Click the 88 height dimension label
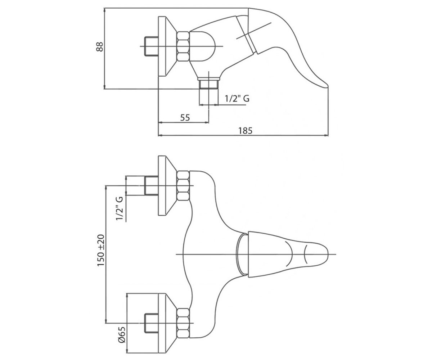coord(99,47)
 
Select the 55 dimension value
coord(185,117)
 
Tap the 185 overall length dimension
coord(246,131)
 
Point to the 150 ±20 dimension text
coord(101,250)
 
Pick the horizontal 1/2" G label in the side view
coord(237,99)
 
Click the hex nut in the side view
coord(183,46)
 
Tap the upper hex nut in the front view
coord(183,186)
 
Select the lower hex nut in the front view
coord(183,323)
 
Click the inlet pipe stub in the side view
coord(151,46)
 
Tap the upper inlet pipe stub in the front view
coord(151,186)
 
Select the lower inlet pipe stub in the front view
coord(151,323)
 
